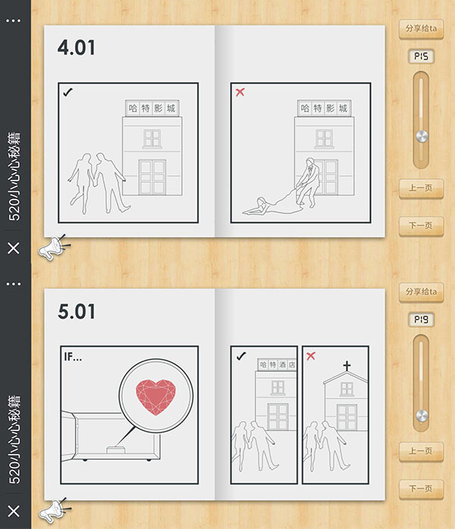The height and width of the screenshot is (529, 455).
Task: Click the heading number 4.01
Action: point(76,48)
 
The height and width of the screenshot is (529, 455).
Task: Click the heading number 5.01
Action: point(76,311)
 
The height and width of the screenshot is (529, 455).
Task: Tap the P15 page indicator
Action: point(422,56)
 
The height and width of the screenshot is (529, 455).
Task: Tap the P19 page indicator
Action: point(422,320)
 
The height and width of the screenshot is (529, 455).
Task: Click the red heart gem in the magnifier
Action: point(155,397)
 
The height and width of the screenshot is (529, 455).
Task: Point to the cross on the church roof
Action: point(347,366)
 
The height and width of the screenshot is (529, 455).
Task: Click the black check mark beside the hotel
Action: point(241,356)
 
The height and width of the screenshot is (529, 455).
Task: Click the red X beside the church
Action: point(311,356)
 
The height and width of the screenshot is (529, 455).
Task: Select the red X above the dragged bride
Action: point(240,92)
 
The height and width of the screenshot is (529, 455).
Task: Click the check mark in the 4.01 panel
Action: point(67,92)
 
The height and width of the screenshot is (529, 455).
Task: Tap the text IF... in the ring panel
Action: point(73,357)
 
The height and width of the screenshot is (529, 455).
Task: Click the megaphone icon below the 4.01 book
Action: point(53,247)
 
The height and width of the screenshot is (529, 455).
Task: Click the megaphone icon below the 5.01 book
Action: point(53,511)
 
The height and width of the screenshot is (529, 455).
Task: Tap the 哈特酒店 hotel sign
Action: point(277,364)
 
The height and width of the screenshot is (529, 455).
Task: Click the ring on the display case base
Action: point(116,450)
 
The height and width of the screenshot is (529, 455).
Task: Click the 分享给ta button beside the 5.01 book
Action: point(421,292)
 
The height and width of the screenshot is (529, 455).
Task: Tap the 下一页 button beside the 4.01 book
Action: point(421,225)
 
